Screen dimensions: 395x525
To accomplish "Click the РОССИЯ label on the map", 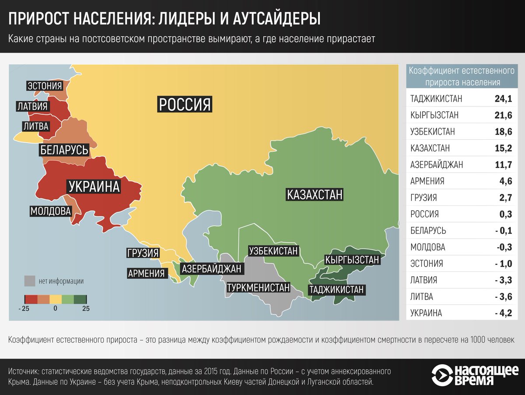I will click(x=185, y=104).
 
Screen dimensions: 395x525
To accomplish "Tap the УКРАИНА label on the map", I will click(x=94, y=187).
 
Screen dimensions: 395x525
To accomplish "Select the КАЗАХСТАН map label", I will click(x=314, y=194).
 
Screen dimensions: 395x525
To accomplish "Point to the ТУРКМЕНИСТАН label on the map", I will click(x=258, y=288).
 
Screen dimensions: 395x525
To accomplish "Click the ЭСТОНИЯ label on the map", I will click(x=45, y=86).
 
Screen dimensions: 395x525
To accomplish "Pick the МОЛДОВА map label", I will click(x=51, y=211).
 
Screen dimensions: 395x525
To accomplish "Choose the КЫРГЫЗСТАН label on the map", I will click(x=352, y=260).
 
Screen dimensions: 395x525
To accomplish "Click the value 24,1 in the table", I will click(x=503, y=99).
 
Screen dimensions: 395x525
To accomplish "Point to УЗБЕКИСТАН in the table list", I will click(x=433, y=132).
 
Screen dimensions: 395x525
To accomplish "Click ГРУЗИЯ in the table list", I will click(x=423, y=198).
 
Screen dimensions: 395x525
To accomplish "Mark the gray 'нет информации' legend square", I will click(x=30, y=281).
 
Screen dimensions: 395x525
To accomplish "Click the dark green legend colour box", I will click(x=80, y=299).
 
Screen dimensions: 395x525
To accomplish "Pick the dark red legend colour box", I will click(x=30, y=299).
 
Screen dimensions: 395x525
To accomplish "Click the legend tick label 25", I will click(x=86, y=308).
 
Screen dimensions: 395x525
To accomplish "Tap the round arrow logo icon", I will click(x=442, y=375).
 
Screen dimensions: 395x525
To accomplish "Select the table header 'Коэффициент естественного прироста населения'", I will click(x=461, y=76).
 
